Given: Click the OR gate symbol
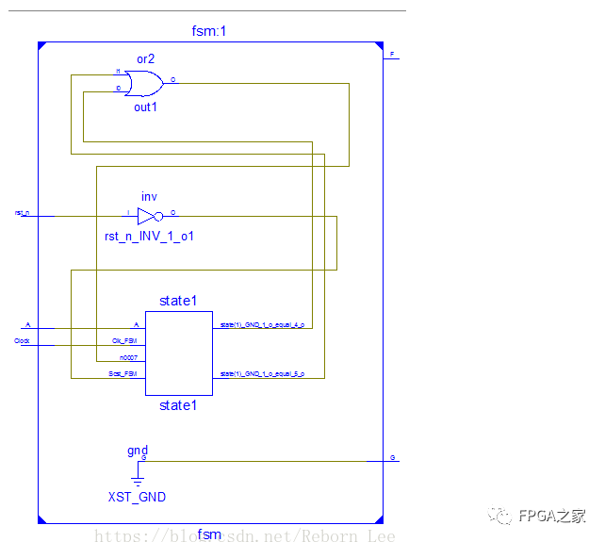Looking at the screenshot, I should (143, 84).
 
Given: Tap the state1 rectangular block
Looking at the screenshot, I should (178, 353).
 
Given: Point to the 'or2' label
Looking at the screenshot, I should (145, 58).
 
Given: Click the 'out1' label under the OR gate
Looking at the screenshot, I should (145, 107).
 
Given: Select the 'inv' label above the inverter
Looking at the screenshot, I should (149, 196).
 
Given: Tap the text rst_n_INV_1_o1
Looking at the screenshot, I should (149, 236).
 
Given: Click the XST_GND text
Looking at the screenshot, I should (137, 497).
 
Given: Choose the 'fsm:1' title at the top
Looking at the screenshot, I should (208, 31).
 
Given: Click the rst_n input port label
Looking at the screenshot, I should (22, 213).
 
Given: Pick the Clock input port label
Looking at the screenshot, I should (23, 341).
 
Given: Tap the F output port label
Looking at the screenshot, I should (392, 55).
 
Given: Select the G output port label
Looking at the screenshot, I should (392, 458).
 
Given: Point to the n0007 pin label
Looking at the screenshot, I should (129, 358).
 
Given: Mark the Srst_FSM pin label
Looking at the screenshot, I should (123, 375).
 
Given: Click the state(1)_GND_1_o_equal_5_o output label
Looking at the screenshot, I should (262, 374).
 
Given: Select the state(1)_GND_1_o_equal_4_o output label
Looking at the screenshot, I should (262, 324).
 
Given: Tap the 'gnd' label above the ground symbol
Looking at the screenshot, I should (138, 451).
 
